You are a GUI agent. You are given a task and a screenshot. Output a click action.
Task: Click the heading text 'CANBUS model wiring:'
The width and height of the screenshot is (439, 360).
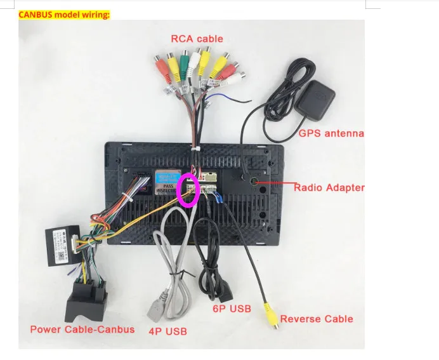(64, 13)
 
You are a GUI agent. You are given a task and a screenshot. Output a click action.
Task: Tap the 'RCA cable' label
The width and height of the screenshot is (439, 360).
(197, 39)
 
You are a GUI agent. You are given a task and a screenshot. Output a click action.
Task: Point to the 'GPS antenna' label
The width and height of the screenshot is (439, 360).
(331, 134)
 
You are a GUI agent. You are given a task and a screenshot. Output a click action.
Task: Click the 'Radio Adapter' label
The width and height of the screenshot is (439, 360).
(329, 187)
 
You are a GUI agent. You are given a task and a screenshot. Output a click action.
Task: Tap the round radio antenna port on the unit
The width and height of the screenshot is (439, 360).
(253, 182)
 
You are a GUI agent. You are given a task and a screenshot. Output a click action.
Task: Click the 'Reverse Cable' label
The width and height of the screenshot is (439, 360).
(317, 319)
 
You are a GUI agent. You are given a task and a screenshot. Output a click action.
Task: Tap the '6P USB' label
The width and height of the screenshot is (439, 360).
(232, 309)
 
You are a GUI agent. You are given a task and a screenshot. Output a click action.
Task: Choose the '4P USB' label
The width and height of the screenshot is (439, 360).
(169, 331)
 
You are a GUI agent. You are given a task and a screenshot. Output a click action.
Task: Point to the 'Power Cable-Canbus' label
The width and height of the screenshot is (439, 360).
(82, 330)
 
